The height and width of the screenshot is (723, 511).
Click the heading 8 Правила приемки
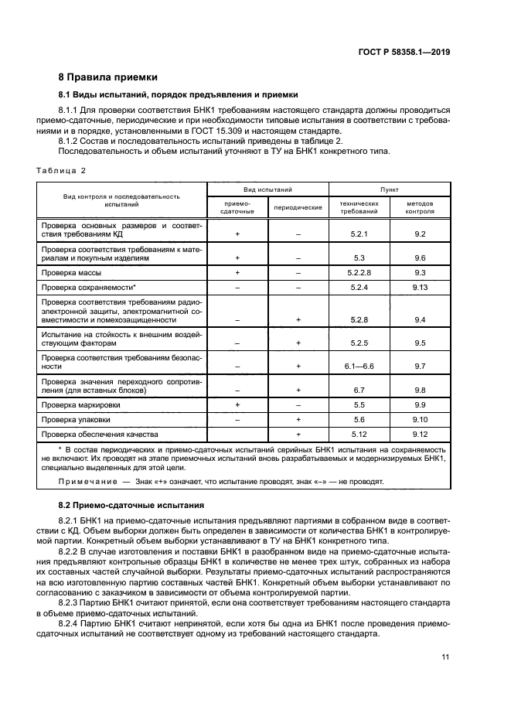(x=108, y=77)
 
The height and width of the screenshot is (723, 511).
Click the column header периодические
(x=298, y=207)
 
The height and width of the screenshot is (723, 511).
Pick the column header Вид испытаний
(x=267, y=189)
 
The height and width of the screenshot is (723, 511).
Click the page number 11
(x=445, y=657)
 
